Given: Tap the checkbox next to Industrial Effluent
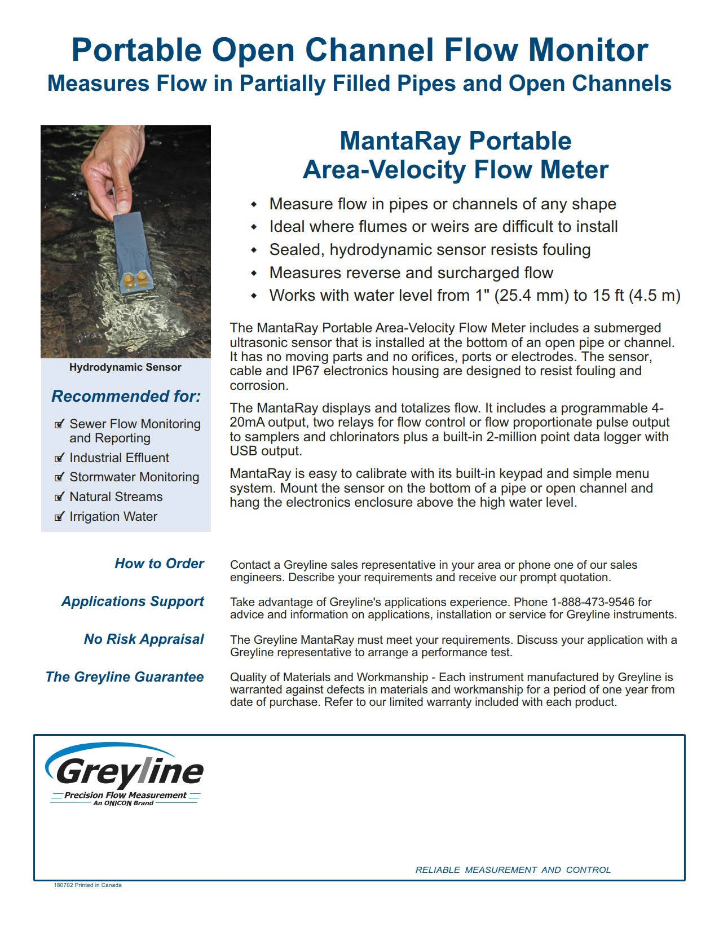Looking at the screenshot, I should (59, 458).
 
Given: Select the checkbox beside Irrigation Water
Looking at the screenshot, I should (59, 517).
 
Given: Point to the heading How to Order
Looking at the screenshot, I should (159, 564).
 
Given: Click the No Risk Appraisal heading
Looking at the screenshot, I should (144, 639).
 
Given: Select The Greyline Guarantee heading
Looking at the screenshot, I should (125, 677).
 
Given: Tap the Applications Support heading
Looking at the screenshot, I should (133, 601).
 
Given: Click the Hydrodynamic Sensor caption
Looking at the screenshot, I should (125, 367).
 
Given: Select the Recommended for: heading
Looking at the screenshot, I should (126, 396).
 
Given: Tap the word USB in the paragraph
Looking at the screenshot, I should (242, 451).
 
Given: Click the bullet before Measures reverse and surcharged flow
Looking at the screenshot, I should (254, 273).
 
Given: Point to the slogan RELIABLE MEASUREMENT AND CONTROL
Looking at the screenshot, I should (513, 870).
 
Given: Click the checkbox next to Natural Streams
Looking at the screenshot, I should (59, 497).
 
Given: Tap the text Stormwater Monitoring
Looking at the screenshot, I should (134, 477).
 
